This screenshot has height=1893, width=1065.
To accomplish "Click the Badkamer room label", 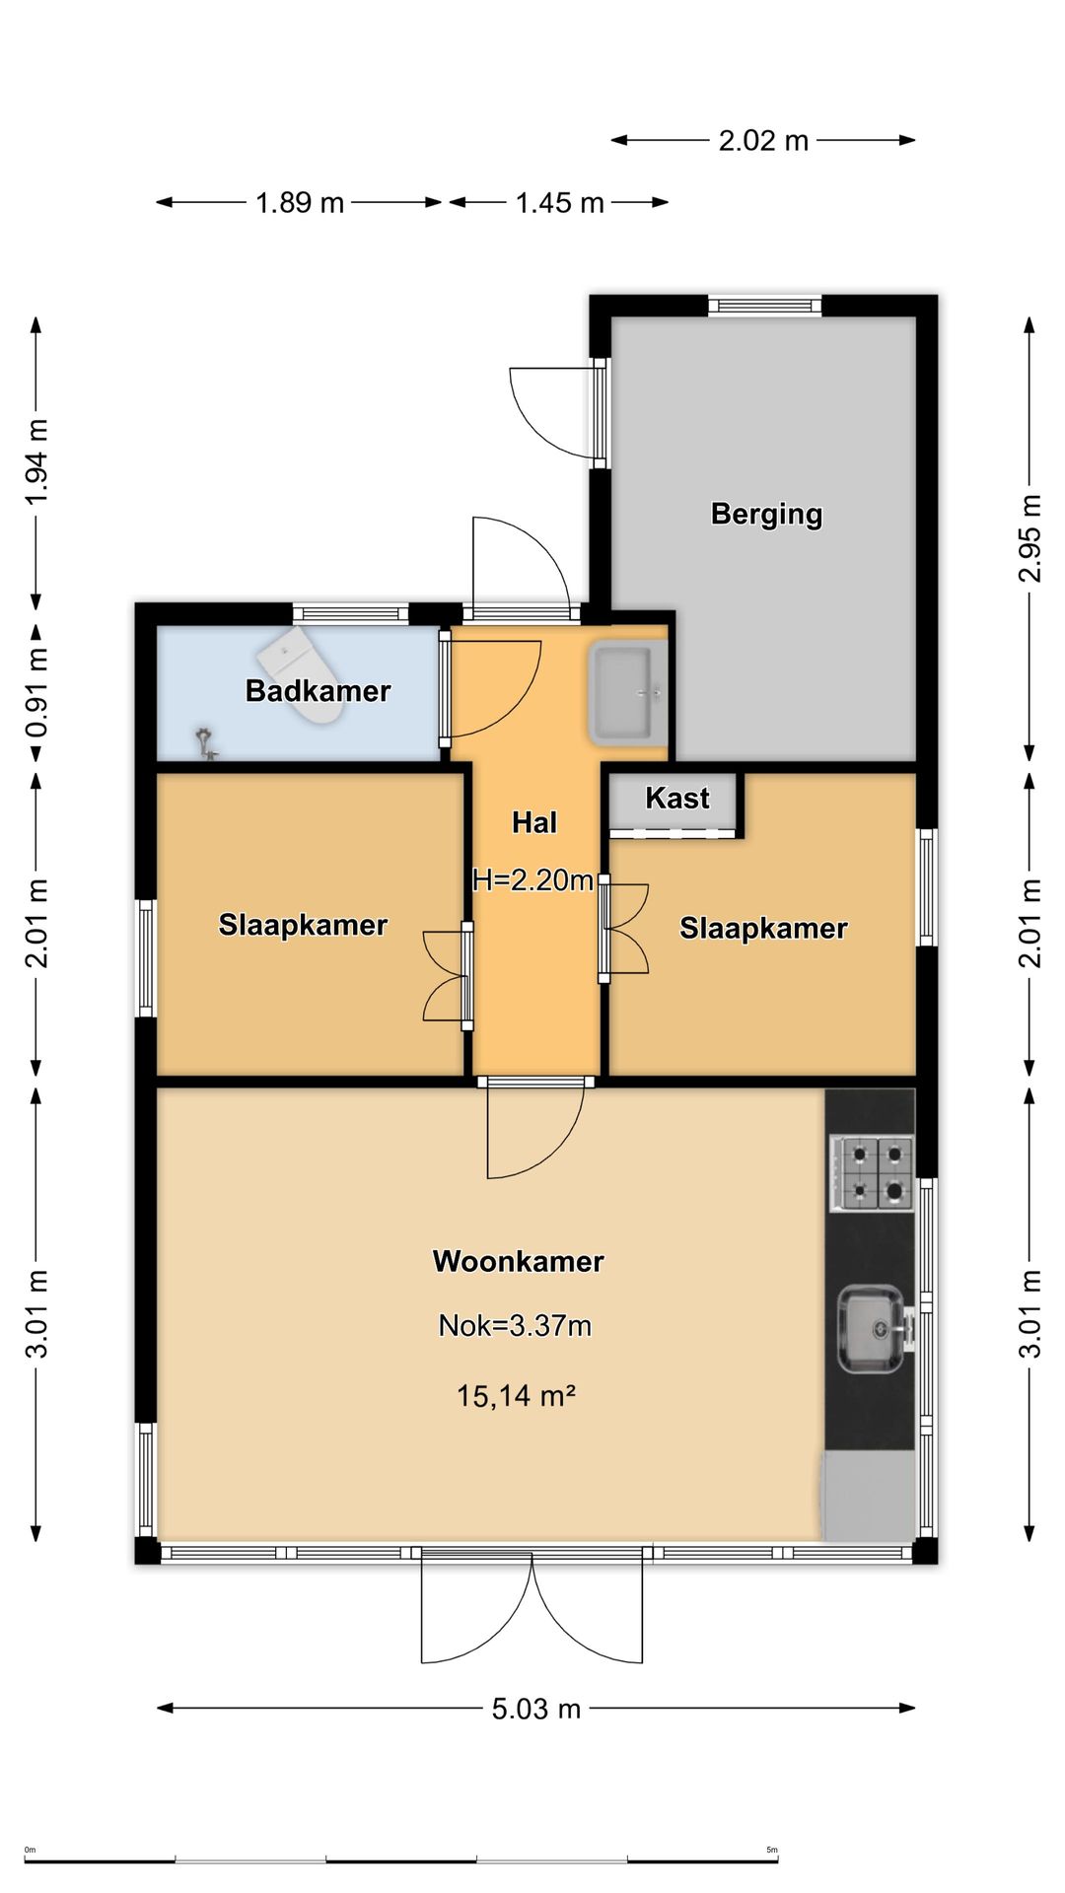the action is click(318, 690).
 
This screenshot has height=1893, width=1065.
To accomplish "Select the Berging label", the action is click(766, 514).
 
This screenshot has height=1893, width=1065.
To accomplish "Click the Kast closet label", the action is click(677, 798).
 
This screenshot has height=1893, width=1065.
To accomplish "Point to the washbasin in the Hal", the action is click(627, 690).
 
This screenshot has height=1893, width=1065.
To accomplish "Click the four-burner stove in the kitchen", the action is click(872, 1172).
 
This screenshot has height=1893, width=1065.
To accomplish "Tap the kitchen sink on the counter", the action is click(872, 1329).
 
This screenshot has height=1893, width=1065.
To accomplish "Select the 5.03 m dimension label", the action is click(536, 1708).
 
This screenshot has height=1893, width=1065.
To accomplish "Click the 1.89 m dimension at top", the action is click(300, 202).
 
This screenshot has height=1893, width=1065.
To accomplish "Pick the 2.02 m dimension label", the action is click(763, 140).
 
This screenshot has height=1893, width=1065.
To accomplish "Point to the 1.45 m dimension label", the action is click(559, 202).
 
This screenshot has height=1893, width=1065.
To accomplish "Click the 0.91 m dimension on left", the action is click(36, 692).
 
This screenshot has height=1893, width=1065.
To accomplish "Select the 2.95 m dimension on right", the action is click(1029, 537).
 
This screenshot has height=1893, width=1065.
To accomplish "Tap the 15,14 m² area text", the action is click(516, 1395).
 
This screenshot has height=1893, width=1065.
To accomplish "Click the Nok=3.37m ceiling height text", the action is click(515, 1325).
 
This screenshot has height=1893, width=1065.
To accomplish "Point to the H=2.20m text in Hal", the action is click(532, 879).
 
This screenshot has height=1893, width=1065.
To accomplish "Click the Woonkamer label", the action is click(518, 1261).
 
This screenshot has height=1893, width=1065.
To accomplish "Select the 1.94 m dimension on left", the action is click(36, 461).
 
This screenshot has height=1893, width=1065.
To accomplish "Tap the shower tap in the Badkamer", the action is click(205, 741).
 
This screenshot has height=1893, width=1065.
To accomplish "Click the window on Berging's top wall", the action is click(764, 305).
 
